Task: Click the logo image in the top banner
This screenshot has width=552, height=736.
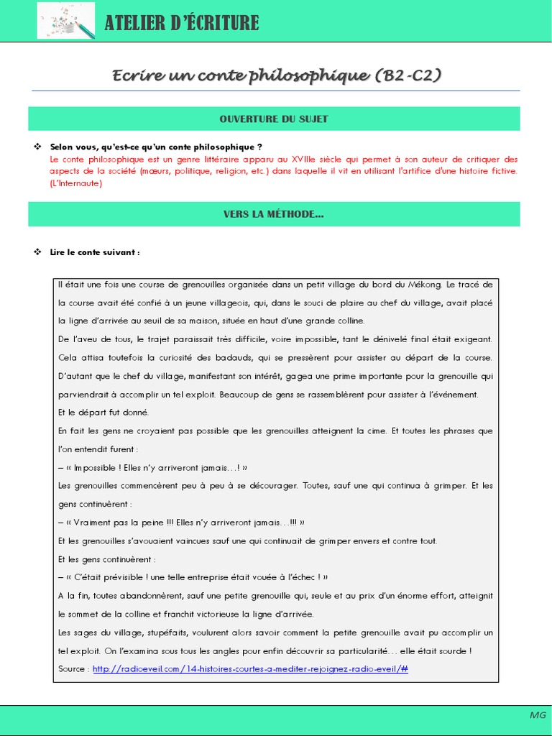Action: coord(65,21)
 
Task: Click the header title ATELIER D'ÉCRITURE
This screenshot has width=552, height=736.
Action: coord(181,23)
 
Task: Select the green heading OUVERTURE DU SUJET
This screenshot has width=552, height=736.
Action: coord(274,119)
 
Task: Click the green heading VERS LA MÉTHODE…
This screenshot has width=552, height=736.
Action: coord(274,214)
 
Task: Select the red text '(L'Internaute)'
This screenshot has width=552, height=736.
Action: coord(76,183)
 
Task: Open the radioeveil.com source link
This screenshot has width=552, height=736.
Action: coord(250,669)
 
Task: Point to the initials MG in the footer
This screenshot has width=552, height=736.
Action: coord(538,715)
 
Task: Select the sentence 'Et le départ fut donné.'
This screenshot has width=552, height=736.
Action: coord(103,413)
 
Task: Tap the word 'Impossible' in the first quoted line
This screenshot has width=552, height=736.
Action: coord(98,467)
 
